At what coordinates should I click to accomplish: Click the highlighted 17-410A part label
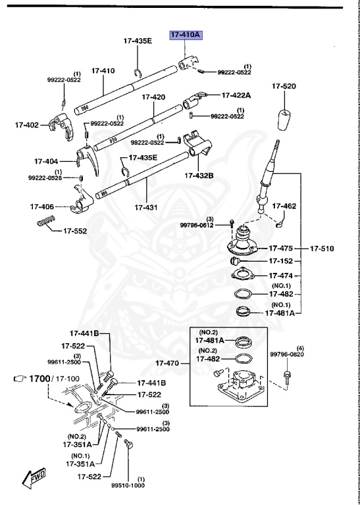click(185, 35)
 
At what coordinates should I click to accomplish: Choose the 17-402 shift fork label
click(27, 124)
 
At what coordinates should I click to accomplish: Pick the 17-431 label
click(146, 207)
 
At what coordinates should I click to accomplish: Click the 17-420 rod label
click(153, 97)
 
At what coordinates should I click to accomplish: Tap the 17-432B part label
click(199, 176)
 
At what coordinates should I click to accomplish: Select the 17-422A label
click(236, 95)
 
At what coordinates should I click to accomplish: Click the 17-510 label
click(322, 249)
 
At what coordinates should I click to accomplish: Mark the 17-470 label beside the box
click(168, 362)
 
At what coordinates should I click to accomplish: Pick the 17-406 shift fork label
click(41, 206)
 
